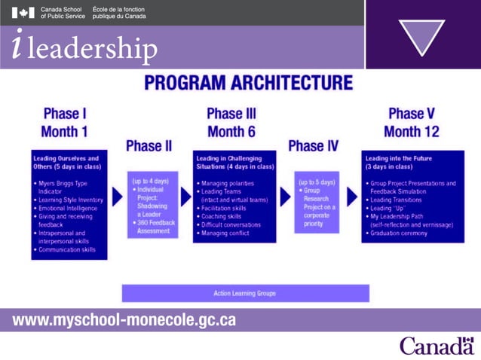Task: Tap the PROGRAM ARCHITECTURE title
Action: (x=248, y=83)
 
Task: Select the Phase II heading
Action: (x=149, y=145)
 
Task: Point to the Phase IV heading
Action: (x=313, y=145)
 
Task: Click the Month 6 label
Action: (x=231, y=131)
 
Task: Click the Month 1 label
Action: (x=65, y=131)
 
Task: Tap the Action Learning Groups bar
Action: (x=246, y=293)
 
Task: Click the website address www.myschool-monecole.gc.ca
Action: (x=124, y=320)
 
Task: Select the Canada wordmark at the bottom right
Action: (x=437, y=346)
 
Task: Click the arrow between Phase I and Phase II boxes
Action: (x=117, y=197)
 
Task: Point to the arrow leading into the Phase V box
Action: (x=351, y=197)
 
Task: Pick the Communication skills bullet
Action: (x=67, y=250)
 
